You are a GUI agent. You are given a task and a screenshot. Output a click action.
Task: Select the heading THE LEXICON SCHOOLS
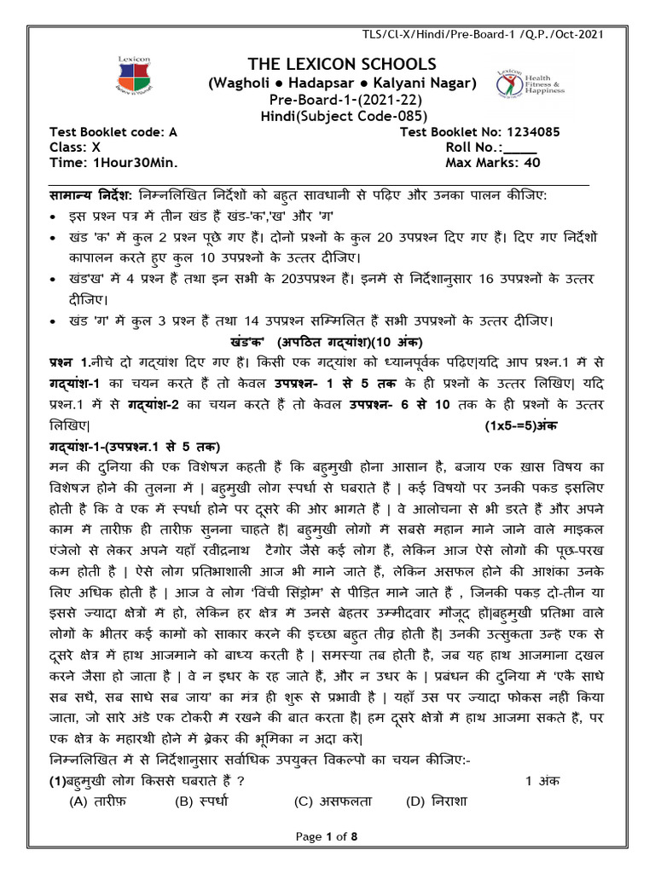329,66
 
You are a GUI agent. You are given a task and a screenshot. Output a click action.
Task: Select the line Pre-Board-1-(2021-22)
329,101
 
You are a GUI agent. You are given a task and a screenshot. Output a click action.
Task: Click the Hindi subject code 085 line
329,117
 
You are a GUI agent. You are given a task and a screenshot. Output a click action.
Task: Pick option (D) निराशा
437,801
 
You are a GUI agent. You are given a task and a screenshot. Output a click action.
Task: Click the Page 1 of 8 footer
327,837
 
